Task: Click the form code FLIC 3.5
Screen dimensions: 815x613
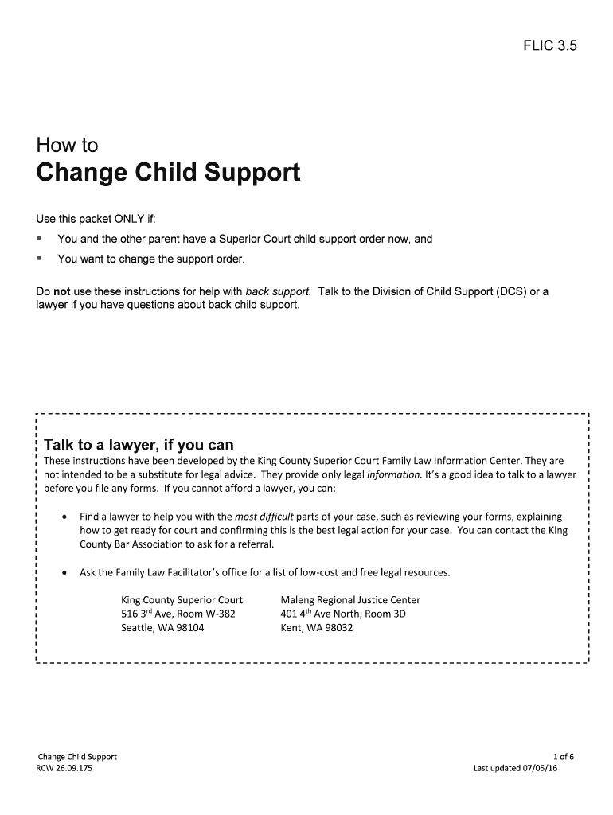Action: (549, 46)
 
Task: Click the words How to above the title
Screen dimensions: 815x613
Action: (67, 146)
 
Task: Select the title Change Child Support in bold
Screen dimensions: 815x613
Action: (168, 173)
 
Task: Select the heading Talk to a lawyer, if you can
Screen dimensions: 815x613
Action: (139, 445)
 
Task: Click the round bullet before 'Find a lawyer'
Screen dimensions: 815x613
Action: (64, 517)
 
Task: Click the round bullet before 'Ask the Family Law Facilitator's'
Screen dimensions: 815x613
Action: (64, 572)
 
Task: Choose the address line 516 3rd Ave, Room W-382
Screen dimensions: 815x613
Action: (178, 614)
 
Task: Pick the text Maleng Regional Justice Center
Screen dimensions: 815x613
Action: (350, 599)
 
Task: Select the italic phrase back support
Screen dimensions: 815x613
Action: (278, 291)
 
